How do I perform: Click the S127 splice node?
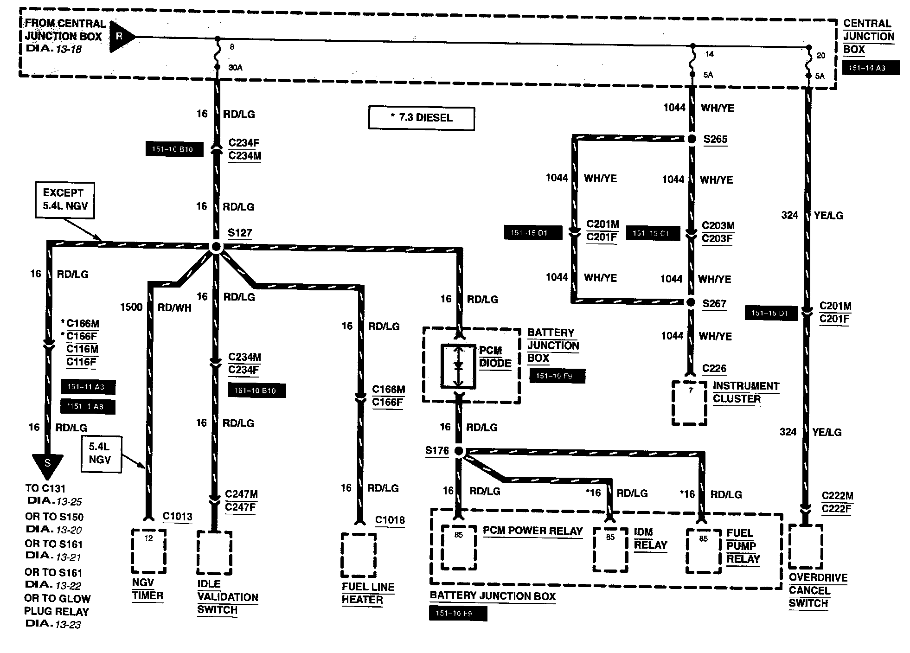point(216,247)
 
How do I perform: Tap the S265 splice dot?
point(692,139)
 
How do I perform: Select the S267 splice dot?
point(691,302)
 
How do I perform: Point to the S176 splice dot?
point(459,451)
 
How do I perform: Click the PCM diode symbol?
point(458,366)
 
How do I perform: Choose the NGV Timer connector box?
point(149,551)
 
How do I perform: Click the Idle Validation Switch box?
point(214,553)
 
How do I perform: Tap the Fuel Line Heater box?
point(359,555)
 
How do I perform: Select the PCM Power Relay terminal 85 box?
point(459,547)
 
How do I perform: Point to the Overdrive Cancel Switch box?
point(806,547)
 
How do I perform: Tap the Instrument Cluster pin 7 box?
point(690,403)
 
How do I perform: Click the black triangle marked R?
point(122,36)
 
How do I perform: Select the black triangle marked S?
point(47,465)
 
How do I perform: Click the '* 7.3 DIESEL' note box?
point(421,118)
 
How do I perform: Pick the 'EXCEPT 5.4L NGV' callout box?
point(65,200)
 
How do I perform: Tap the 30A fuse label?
point(235,68)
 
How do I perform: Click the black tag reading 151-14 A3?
point(871,68)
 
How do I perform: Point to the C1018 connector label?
point(390,520)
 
